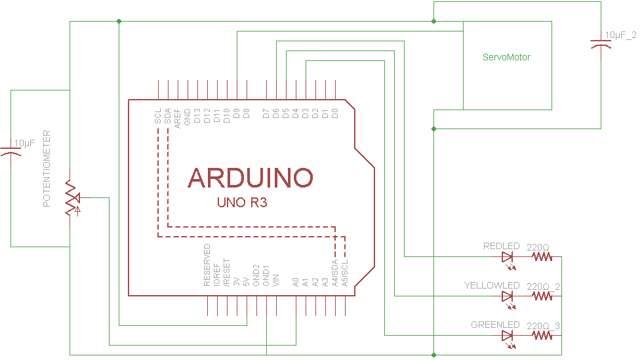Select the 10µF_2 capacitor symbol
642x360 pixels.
point(601,43)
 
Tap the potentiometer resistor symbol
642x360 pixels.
point(70,197)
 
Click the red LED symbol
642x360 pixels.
point(508,258)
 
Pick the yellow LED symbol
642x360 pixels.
point(508,296)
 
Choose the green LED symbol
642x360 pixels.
point(508,336)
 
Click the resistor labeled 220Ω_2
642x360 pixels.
point(542,296)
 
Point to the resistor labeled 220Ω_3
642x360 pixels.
point(542,336)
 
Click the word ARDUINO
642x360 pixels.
point(251,177)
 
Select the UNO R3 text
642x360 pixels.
point(242,203)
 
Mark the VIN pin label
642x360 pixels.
point(276,279)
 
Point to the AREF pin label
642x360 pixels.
point(178,117)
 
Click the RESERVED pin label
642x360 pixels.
point(207,265)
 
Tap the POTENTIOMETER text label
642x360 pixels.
point(47,169)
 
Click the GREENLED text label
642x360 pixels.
point(495,325)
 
